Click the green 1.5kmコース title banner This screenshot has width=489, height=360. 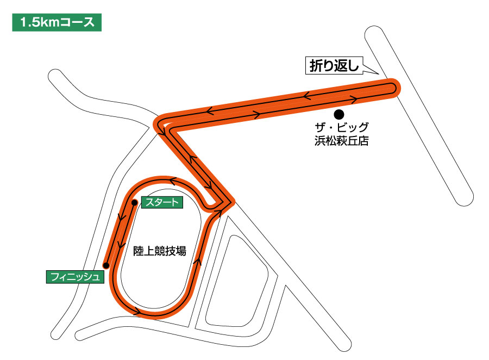pyautogui.click(x=57, y=23)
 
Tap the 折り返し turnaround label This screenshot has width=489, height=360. pyautogui.click(x=331, y=66)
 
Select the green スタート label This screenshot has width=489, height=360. pyautogui.click(x=161, y=203)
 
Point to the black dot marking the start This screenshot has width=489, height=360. pyautogui.click(x=134, y=203)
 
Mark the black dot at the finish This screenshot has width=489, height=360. pyautogui.click(x=106, y=265)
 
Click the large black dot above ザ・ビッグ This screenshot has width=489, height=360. pyautogui.click(x=339, y=114)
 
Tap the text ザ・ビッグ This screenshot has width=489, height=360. pyautogui.click(x=342, y=130)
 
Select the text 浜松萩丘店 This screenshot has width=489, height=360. pyautogui.click(x=342, y=142)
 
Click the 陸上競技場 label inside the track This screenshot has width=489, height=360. pyautogui.click(x=160, y=251)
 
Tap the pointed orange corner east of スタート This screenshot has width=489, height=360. pyautogui.click(x=231, y=202)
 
